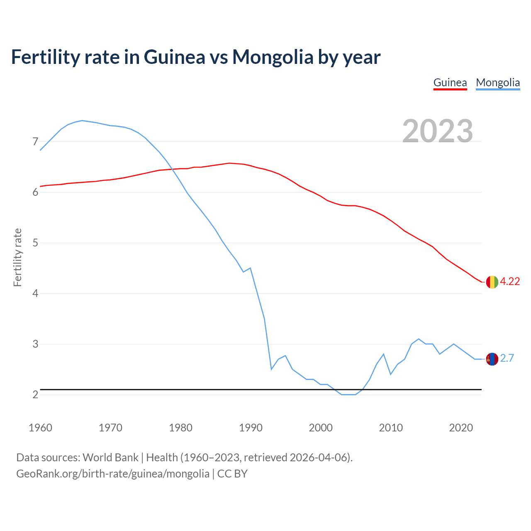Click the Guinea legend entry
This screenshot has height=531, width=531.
[x=450, y=83]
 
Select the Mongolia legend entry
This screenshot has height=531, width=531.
[x=498, y=83]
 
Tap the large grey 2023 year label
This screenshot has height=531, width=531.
[x=438, y=131]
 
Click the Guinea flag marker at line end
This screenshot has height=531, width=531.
[x=492, y=282]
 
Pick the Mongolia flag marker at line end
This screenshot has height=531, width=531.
[x=492, y=359]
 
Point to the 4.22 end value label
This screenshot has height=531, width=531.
[x=510, y=281]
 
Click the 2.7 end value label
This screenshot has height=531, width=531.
[x=507, y=358]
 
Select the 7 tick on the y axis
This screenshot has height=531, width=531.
[x=35, y=142]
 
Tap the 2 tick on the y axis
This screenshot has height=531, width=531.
[x=35, y=395]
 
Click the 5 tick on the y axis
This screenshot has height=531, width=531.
[x=35, y=243]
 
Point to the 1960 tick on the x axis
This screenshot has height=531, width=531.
[x=40, y=428]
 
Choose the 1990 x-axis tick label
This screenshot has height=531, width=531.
[x=251, y=428]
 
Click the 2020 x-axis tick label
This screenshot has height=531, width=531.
[x=461, y=428]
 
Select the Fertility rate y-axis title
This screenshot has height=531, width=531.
[x=17, y=257]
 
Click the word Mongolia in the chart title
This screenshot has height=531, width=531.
[x=273, y=57]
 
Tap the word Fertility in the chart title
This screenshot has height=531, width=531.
[x=45, y=57]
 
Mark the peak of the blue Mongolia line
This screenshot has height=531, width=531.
[x=82, y=121]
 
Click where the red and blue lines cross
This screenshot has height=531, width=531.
[x=173, y=169]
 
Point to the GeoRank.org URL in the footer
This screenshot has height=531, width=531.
[x=113, y=474]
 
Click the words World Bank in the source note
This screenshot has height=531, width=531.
[x=110, y=458]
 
